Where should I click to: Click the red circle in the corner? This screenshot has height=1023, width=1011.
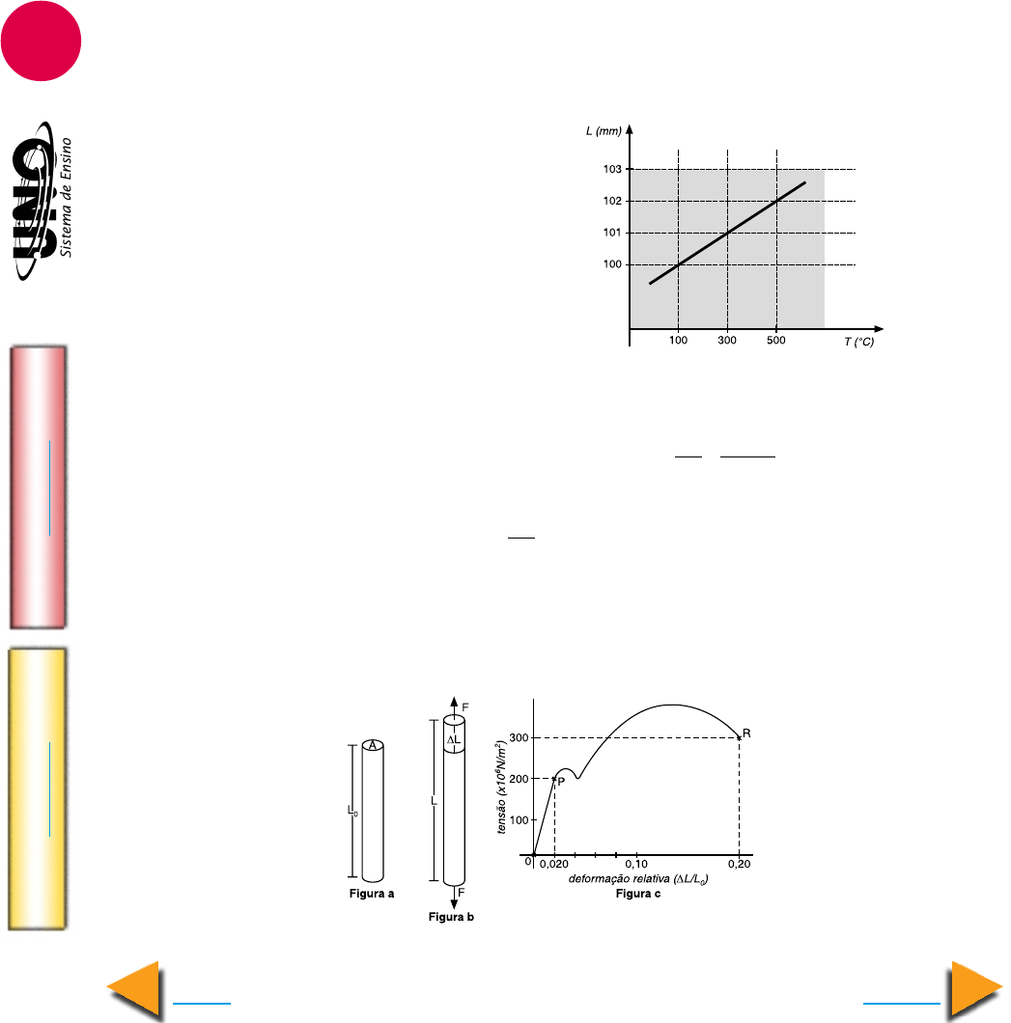click(x=41, y=41)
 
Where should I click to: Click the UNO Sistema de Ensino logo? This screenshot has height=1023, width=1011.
click(x=42, y=201)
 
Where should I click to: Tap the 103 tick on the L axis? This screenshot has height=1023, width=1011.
click(x=612, y=169)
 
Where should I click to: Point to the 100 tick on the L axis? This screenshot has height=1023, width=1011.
click(x=612, y=264)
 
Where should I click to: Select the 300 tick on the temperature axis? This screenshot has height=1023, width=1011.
click(x=727, y=340)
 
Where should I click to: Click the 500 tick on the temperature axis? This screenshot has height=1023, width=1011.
click(x=776, y=340)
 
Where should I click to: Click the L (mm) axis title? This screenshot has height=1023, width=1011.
click(x=604, y=131)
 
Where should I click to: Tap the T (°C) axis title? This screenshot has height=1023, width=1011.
click(x=859, y=342)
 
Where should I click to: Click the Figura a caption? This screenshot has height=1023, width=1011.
click(x=372, y=893)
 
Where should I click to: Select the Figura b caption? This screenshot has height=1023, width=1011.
click(x=451, y=917)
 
